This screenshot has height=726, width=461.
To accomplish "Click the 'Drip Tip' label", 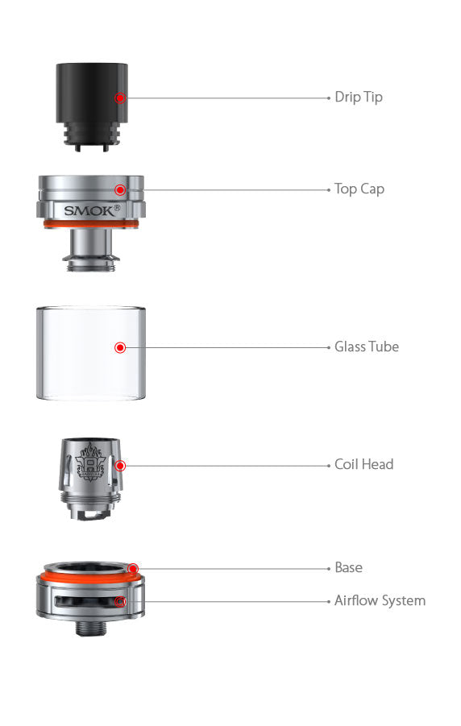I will tap(359, 97).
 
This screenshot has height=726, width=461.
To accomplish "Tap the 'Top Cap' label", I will tap(359, 189).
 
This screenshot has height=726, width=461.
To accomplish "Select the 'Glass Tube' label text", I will tap(367, 347).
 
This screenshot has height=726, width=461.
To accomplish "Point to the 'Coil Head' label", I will tap(364, 464).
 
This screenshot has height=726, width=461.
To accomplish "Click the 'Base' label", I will tap(348, 568).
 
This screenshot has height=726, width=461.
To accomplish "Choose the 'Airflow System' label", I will tap(380, 601).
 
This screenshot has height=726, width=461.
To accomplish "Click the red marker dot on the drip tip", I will tap(120, 98).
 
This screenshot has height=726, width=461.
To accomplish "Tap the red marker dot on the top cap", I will tap(120, 190).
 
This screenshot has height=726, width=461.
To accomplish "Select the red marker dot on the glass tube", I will tap(120, 348).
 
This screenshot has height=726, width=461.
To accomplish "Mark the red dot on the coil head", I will tap(120, 465).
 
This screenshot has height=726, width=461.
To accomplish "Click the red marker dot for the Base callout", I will tap(132, 569).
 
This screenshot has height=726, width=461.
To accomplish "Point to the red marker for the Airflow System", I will tap(120, 601).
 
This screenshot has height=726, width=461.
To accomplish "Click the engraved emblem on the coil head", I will tap(89, 464).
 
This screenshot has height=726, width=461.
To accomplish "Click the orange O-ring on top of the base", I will tap(89, 578).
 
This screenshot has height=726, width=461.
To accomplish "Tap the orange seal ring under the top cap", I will tap(89, 224).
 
